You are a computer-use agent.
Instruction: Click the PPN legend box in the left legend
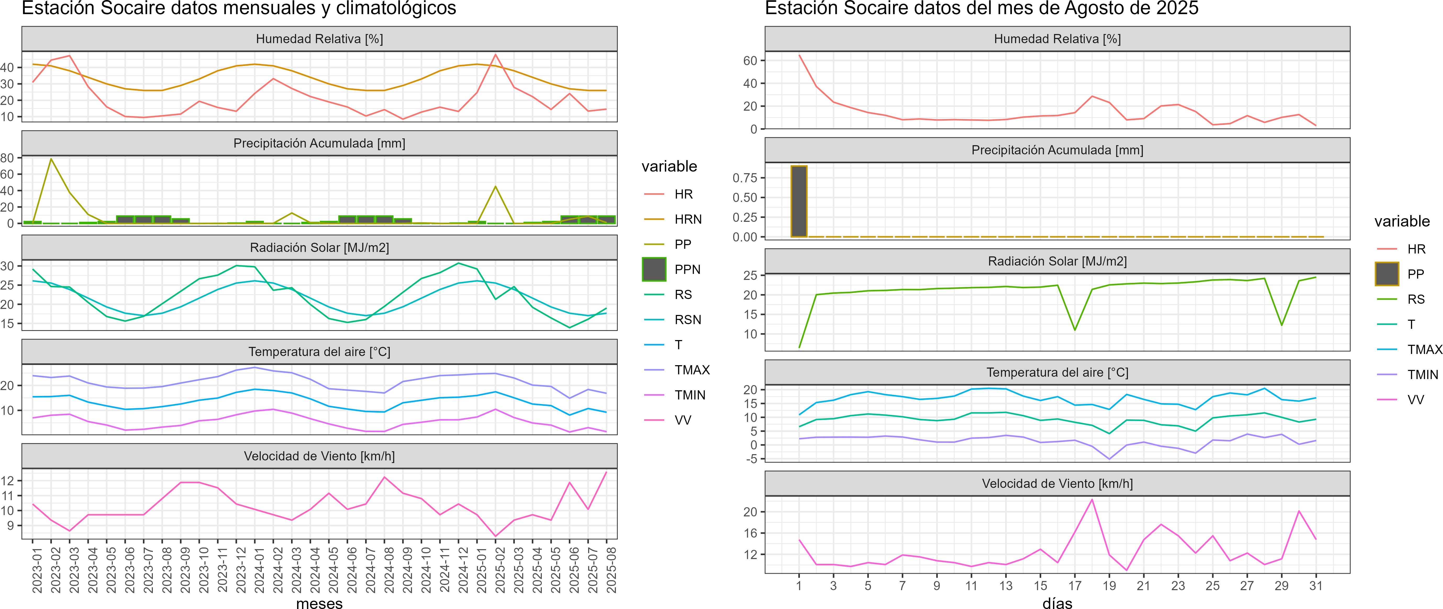point(654,269)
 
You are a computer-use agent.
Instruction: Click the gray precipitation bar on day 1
point(799,201)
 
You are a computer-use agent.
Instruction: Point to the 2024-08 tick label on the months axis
point(389,570)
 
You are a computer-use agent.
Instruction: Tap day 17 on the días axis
point(1074,585)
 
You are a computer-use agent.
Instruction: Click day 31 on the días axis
point(1316,585)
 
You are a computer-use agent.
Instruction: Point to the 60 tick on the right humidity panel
point(750,60)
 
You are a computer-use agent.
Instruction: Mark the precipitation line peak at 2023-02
point(51,159)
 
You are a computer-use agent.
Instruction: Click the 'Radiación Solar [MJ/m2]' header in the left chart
point(319,247)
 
